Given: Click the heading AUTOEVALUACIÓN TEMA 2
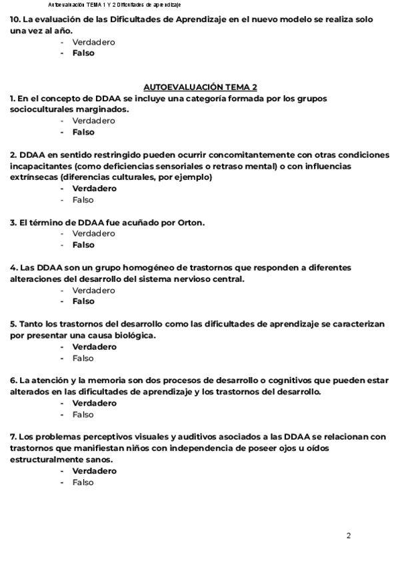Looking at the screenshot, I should click(200, 87).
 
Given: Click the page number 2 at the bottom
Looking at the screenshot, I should click(349, 535).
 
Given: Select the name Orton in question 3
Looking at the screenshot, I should click(191, 222).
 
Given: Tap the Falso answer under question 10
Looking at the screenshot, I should click(83, 53).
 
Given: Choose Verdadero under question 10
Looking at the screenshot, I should click(93, 42).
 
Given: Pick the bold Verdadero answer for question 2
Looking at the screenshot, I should click(94, 189).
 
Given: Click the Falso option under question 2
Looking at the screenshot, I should click(83, 199).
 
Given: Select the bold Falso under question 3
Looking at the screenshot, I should click(83, 245).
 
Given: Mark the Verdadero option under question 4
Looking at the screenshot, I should click(93, 290).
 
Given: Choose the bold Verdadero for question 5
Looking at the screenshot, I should click(94, 347).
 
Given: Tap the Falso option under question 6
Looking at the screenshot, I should click(83, 414).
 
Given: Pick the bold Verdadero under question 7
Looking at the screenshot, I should click(94, 471).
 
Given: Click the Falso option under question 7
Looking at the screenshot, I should click(83, 482).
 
